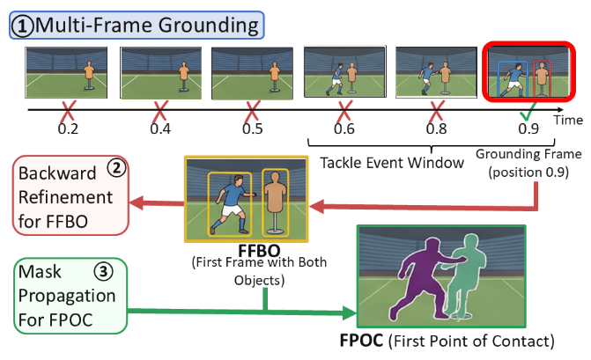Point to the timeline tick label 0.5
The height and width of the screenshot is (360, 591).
point(254,129)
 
